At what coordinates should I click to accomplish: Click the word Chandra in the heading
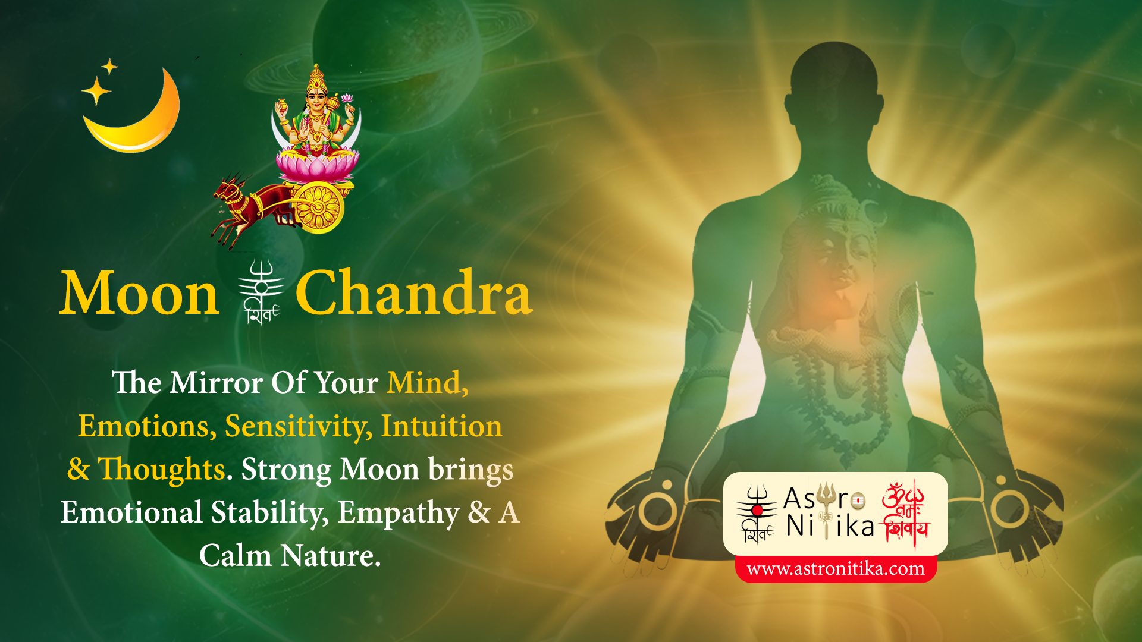coord(413,292)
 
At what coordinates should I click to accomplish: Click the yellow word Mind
coord(427,382)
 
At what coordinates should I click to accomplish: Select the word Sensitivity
coord(298,427)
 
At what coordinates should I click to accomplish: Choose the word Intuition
coord(441,426)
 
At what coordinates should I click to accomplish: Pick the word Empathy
coord(398,513)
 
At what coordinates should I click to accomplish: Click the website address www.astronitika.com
coord(836,569)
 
